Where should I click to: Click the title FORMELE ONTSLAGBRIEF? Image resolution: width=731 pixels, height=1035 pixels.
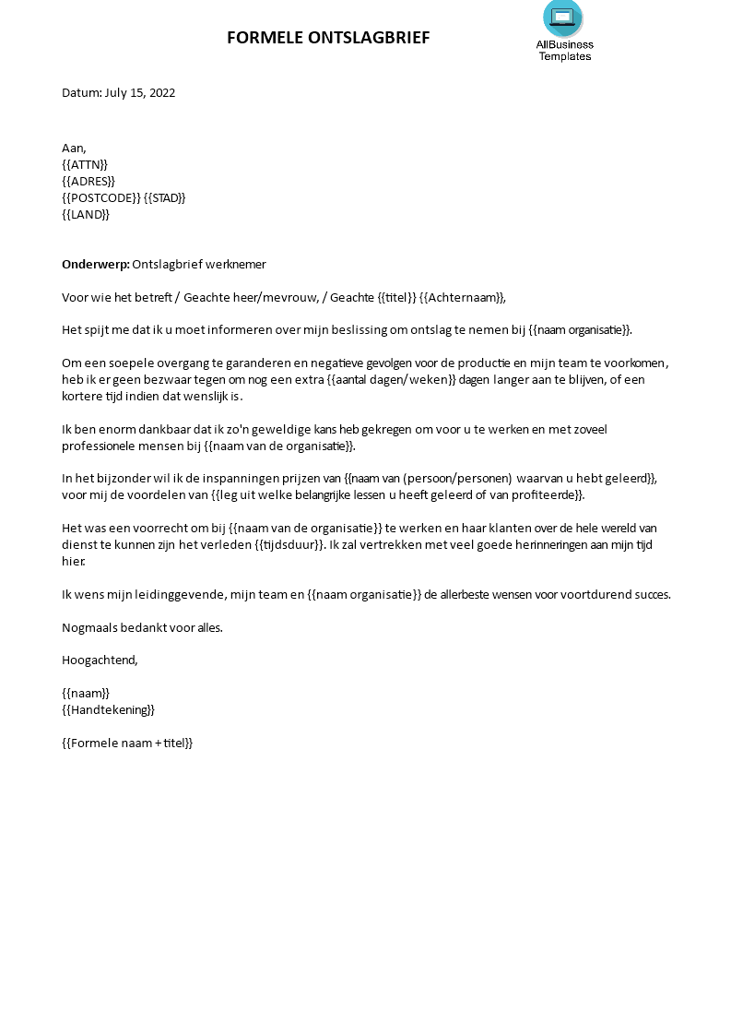(328, 38)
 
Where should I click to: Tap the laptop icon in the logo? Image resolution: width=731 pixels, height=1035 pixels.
(562, 16)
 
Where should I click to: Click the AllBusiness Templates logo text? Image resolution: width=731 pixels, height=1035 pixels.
(564, 50)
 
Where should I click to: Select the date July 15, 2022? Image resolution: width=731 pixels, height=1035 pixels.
(139, 92)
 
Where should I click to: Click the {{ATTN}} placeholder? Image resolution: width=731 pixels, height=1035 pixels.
(85, 164)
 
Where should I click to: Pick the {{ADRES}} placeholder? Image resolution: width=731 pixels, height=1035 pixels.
(88, 181)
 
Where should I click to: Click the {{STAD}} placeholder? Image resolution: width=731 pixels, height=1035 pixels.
(166, 197)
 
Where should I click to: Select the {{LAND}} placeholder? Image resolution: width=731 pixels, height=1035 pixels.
(86, 214)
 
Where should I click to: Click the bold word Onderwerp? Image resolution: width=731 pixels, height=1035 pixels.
(95, 264)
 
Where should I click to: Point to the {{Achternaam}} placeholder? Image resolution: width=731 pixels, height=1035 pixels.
(463, 297)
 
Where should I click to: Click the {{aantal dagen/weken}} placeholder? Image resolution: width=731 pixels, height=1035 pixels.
(393, 379)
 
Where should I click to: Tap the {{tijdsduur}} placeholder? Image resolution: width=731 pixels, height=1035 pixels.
(289, 544)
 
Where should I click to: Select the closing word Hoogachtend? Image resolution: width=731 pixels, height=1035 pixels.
(100, 660)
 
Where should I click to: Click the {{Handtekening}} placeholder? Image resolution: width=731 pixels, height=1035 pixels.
(108, 709)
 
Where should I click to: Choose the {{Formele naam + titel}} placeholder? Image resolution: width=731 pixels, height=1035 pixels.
(127, 743)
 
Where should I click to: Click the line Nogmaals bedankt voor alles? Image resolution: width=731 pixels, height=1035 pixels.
(142, 627)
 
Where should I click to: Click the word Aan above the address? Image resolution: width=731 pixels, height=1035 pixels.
(73, 148)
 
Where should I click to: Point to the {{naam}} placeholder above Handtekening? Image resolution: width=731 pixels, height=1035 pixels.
(86, 693)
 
